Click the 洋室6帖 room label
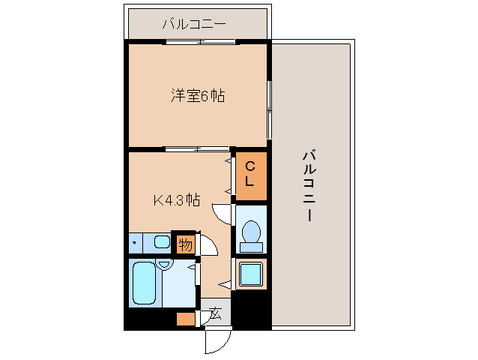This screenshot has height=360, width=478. (x=198, y=96)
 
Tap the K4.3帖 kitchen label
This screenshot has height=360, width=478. (x=177, y=200)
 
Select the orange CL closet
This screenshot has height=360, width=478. (x=250, y=175)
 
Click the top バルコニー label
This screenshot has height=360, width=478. (x=193, y=25)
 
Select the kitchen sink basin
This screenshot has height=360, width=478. (x=161, y=241)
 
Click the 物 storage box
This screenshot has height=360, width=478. (x=185, y=243)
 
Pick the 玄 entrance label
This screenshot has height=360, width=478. (x=215, y=313)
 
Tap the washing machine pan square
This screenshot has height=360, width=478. (x=250, y=274)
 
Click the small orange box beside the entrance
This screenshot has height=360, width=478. (x=185, y=318)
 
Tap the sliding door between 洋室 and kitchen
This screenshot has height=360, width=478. (x=196, y=148)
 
